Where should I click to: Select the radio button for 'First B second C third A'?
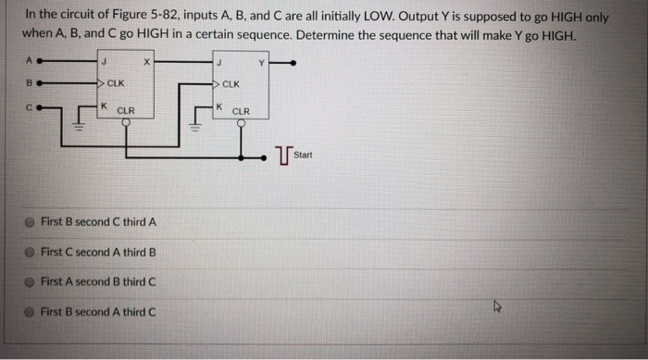[x=31, y=222]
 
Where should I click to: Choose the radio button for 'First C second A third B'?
[x=31, y=252]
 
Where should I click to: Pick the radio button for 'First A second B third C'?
[x=31, y=281]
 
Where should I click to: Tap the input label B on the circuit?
[x=28, y=83]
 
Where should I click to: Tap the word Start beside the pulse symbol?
[x=303, y=155]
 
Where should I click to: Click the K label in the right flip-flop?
[x=218, y=107]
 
